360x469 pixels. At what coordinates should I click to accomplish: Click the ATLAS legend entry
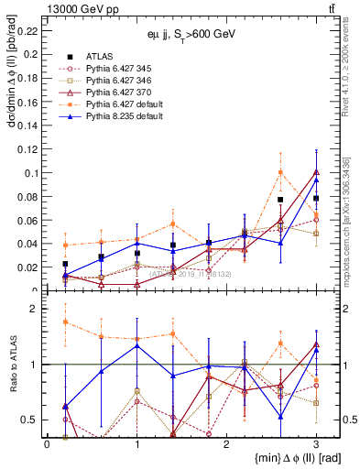click(99, 56)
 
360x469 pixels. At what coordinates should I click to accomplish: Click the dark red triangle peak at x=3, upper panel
click(316, 171)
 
